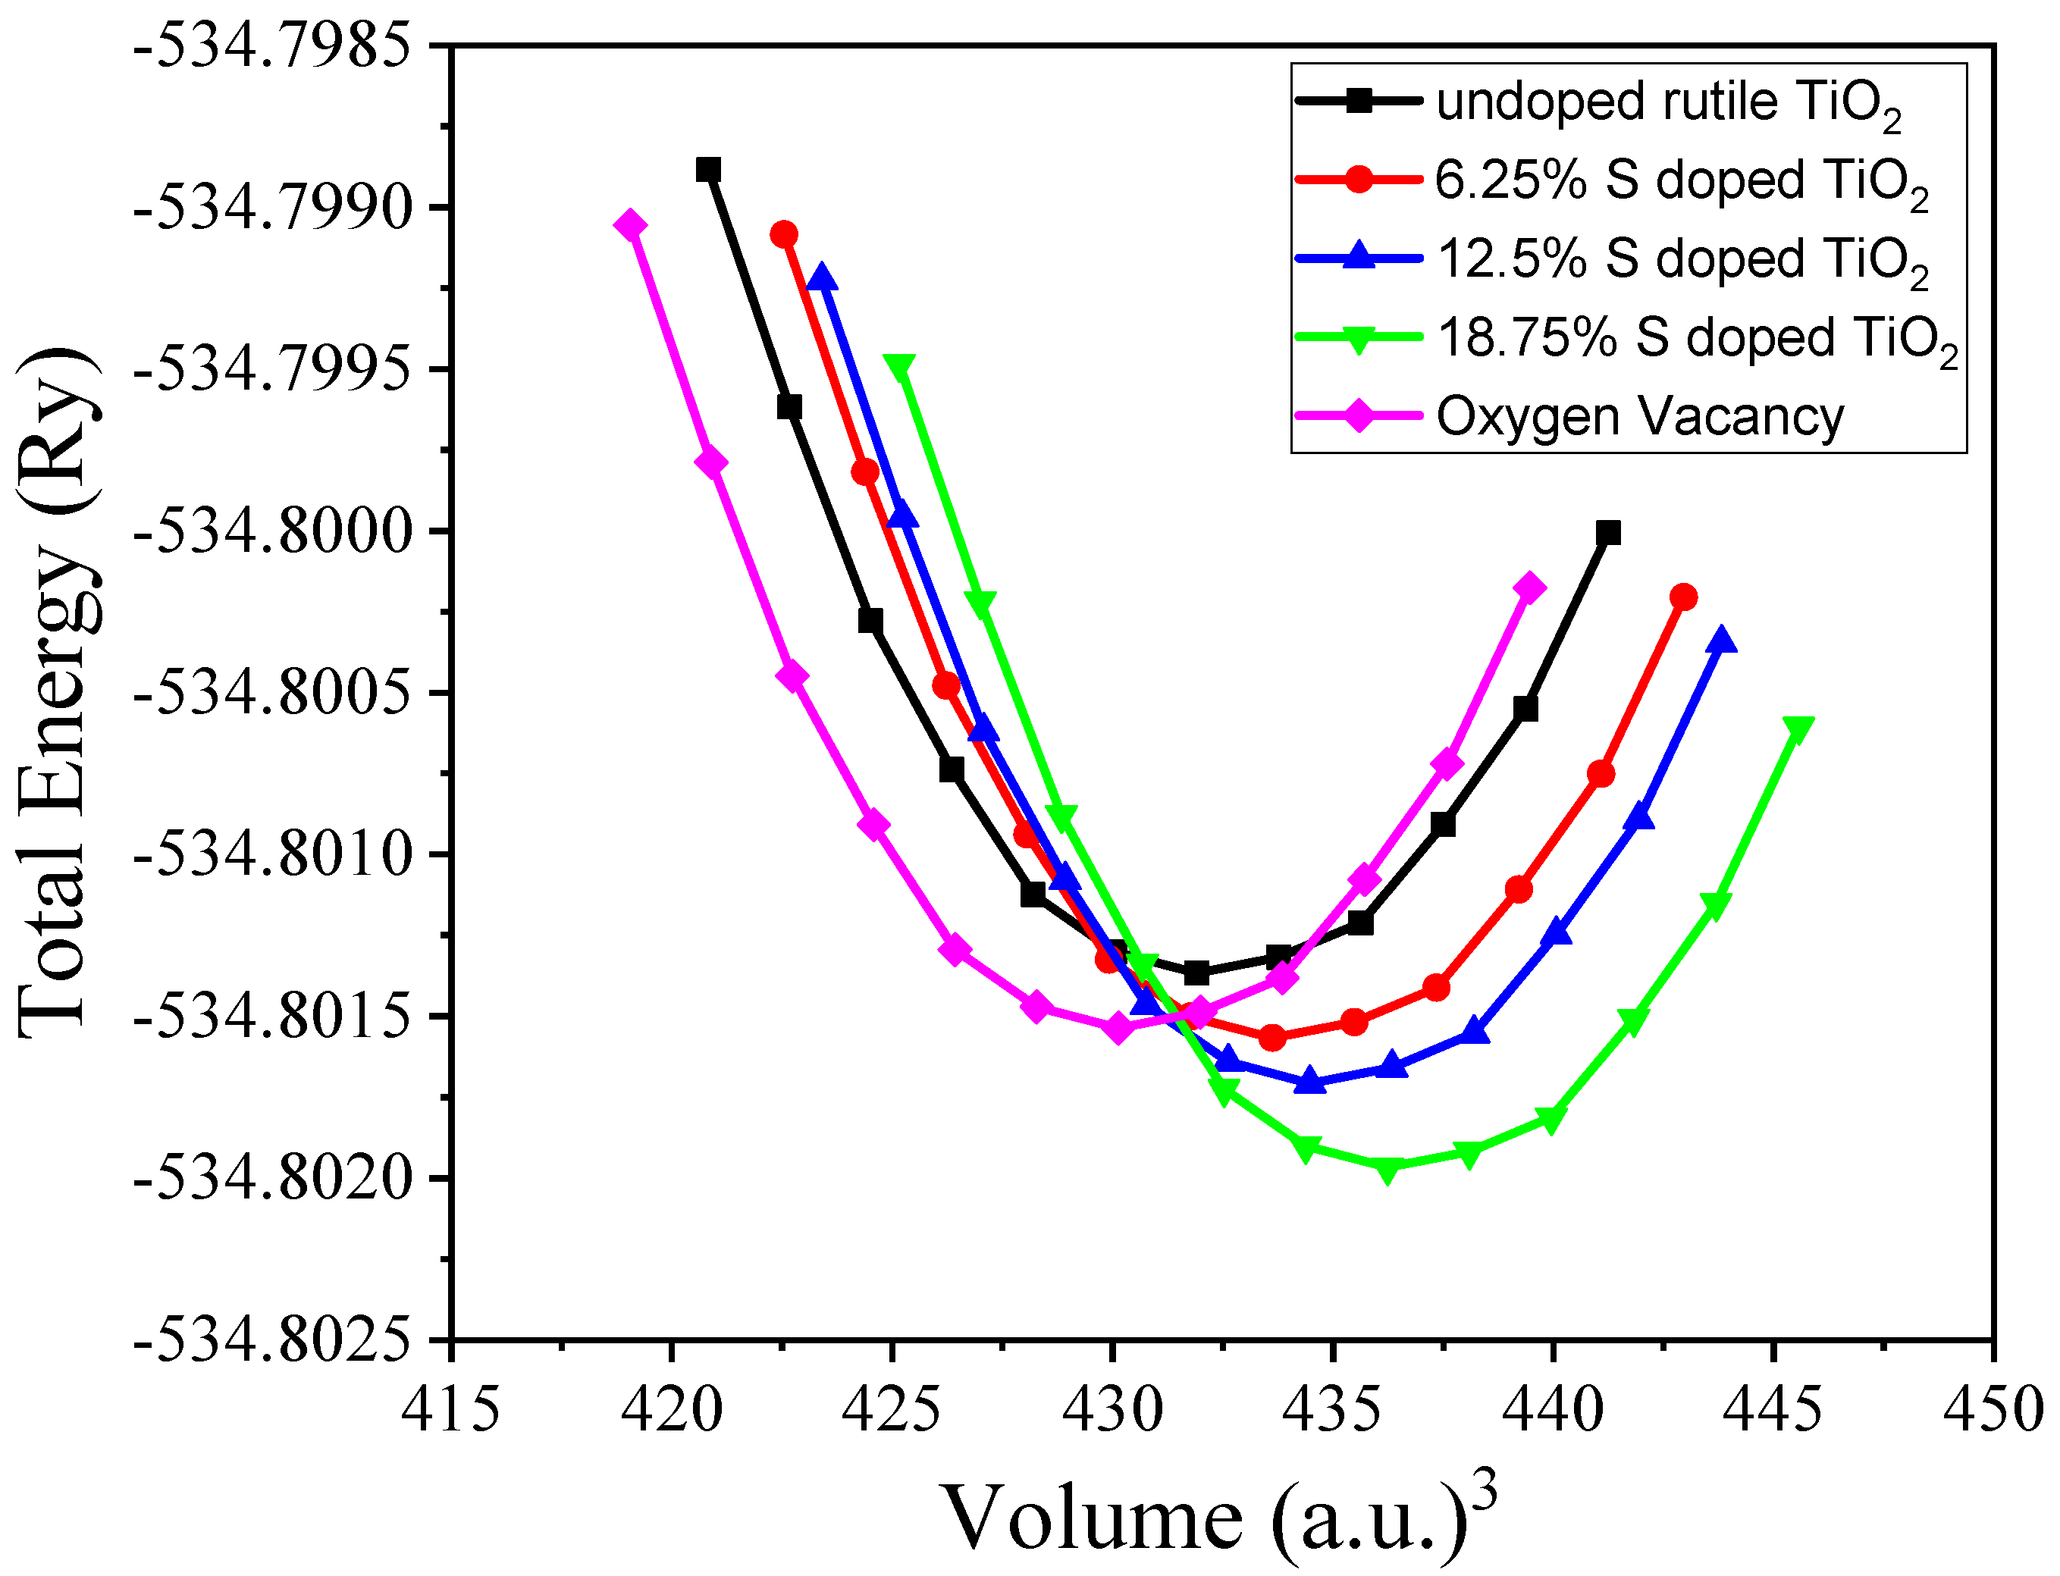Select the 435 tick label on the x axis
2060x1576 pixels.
point(1332,1409)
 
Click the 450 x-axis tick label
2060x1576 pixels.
point(1993,1409)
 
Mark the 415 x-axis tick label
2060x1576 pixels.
point(451,1409)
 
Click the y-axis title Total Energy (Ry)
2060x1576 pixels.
point(58,692)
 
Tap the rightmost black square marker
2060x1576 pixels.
point(1609,533)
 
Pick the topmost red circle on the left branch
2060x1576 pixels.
point(784,233)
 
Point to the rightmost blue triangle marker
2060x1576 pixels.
point(1721,641)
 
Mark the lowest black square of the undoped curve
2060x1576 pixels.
point(1196,973)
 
